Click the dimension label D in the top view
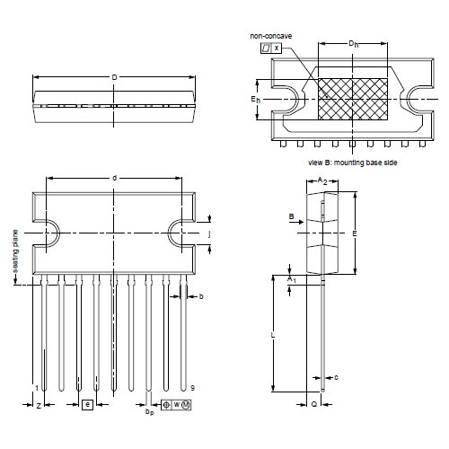pos(114,77)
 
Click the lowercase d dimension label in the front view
pos(114,178)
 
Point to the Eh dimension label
pos(256,99)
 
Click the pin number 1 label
pos(35,387)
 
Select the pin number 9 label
pos(191,387)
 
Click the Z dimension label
pos(38,407)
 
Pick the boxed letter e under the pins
pos(87,406)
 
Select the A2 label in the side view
pos(322,180)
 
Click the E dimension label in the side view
pos(356,233)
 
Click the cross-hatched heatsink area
pos(353,99)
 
